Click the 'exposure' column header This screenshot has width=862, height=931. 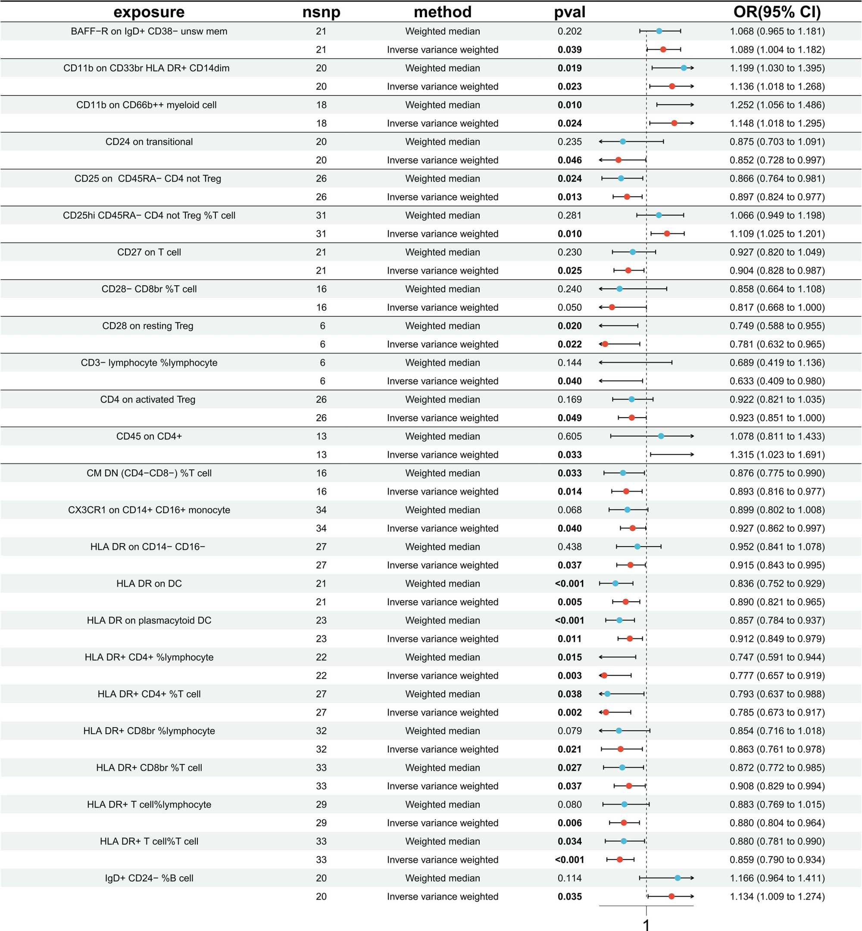pos(149,12)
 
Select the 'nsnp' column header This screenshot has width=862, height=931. pos(321,12)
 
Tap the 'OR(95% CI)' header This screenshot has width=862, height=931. pos(777,12)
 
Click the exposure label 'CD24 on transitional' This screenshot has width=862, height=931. pos(149,142)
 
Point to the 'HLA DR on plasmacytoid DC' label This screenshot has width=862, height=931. pos(149,620)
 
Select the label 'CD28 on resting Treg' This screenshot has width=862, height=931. pos(147,326)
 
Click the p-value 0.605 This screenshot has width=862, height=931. pos(569,437)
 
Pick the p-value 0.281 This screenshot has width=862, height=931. pos(569,216)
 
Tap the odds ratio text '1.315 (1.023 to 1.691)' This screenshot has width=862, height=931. pos(777,455)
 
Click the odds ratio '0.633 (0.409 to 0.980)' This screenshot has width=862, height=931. pos(777,381)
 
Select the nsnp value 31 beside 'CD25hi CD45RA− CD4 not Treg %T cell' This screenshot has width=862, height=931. pos(321,216)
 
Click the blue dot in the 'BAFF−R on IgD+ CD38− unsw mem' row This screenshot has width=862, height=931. pos(659,31)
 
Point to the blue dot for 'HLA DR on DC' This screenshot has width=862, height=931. pos(615,584)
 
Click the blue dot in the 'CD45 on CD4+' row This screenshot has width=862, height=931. pos(661,436)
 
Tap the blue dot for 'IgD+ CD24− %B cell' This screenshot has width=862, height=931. pos(678,878)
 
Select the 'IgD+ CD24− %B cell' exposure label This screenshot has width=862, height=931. pos(149,878)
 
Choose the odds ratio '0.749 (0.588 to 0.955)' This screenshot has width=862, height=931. pos(777,326)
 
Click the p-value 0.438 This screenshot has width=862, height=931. pos(569,547)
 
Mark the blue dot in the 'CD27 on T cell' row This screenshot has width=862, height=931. pos(633,252)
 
